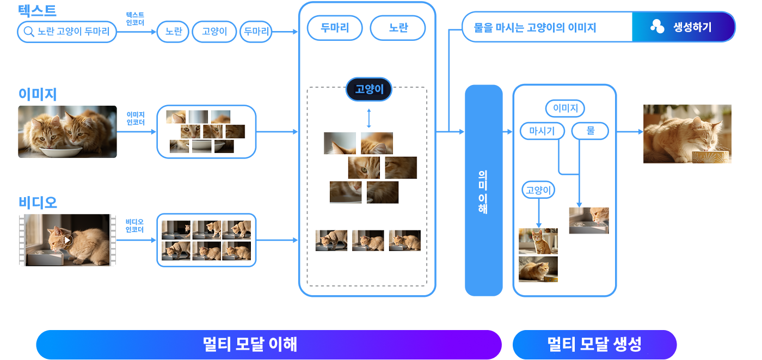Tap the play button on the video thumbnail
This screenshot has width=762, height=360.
click(67, 240)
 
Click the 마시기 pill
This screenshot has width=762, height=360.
click(542, 131)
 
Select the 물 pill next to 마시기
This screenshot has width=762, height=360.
click(590, 131)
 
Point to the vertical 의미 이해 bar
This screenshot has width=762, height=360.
click(483, 191)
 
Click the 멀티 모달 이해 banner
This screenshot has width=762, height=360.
click(268, 344)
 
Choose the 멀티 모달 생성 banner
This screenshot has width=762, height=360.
click(594, 344)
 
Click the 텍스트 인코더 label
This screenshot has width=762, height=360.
click(135, 19)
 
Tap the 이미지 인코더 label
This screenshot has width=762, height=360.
click(136, 119)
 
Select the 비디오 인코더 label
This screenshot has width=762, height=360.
click(134, 225)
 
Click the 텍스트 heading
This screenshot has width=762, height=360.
click(37, 10)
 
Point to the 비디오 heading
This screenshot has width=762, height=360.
click(38, 202)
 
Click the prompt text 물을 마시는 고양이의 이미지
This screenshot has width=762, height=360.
click(542, 27)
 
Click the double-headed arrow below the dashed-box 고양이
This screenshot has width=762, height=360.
click(369, 118)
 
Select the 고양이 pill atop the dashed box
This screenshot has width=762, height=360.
click(369, 90)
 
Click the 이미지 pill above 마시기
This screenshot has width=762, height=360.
click(564, 108)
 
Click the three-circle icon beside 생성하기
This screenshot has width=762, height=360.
click(657, 27)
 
